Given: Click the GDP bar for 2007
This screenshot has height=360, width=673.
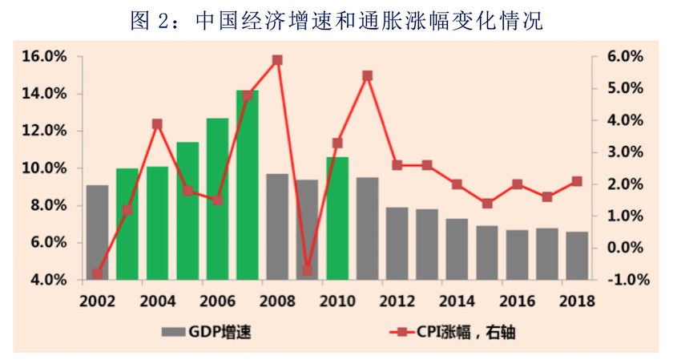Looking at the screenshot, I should [248, 185].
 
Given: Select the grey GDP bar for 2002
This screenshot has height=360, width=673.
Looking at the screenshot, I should [97, 233].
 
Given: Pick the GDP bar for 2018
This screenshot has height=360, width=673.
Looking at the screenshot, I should [578, 256].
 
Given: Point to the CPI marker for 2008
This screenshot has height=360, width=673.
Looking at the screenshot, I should [277, 60].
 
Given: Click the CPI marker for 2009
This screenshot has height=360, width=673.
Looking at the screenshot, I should [307, 270].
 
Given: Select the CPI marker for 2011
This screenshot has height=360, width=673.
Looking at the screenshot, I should [367, 76].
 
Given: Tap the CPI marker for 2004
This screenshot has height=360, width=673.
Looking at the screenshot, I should [157, 124].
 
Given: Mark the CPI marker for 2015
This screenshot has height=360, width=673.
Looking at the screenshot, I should [487, 204].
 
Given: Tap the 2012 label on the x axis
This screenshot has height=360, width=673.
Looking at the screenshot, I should [397, 301].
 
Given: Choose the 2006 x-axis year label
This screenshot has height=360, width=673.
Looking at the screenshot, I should [217, 301].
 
